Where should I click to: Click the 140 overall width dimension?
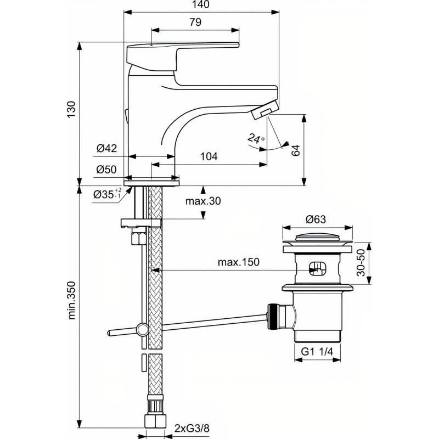(201, 4)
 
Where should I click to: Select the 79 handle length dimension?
(195, 22)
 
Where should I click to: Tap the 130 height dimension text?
(71, 109)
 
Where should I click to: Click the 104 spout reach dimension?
(209, 156)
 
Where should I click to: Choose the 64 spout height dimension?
(295, 150)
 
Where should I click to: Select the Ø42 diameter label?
(106, 148)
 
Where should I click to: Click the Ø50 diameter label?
(106, 170)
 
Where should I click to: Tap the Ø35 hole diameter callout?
(107, 194)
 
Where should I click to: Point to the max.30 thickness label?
(203, 201)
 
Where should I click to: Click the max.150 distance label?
(239, 262)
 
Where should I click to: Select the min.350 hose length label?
(71, 300)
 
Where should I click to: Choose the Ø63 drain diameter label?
(316, 219)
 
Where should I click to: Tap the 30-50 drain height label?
(361, 263)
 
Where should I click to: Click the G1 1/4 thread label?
(317, 351)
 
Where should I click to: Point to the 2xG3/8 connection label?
(192, 429)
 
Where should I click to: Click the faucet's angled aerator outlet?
(265, 110)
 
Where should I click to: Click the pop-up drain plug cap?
(317, 239)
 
